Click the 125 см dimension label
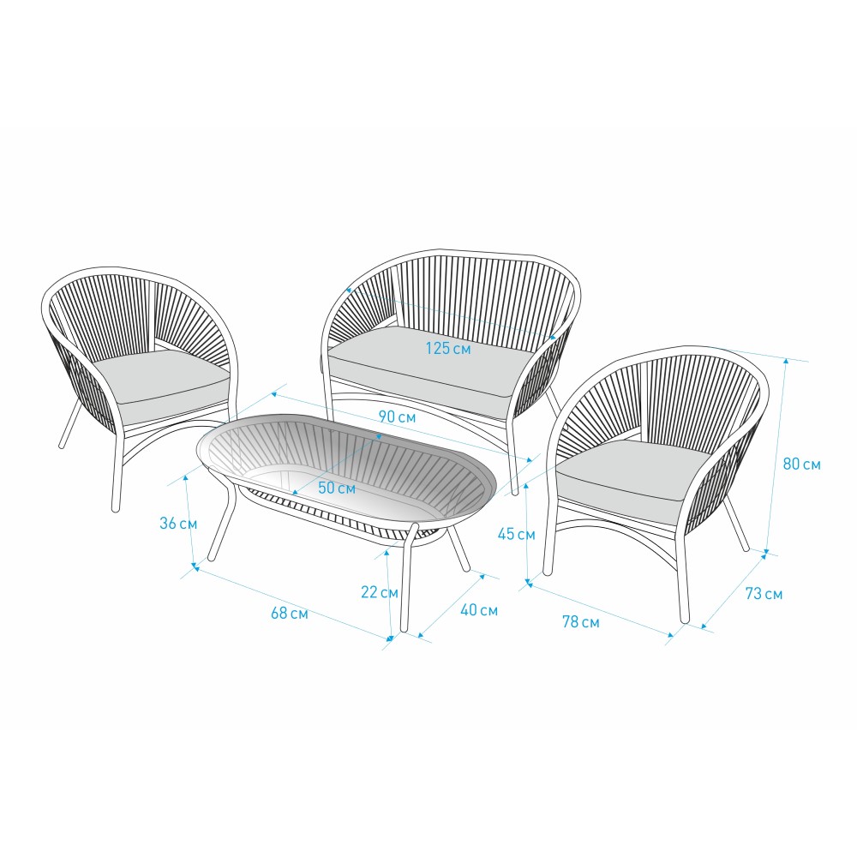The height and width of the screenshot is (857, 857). coord(448,348)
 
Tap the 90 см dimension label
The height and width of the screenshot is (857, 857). coord(398,417)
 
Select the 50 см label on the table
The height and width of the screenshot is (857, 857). coord(337,488)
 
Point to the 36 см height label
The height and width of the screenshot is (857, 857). coord(178,523)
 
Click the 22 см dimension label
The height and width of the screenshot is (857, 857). coord(380,592)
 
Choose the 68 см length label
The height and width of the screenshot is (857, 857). coord(290,614)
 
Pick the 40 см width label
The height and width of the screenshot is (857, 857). coord(479,610)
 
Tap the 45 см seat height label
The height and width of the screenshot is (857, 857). coord(517,534)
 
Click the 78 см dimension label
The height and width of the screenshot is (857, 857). coord(581,622)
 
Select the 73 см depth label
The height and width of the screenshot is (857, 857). coord(764,594)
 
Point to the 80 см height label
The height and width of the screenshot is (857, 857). coord(802,464)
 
